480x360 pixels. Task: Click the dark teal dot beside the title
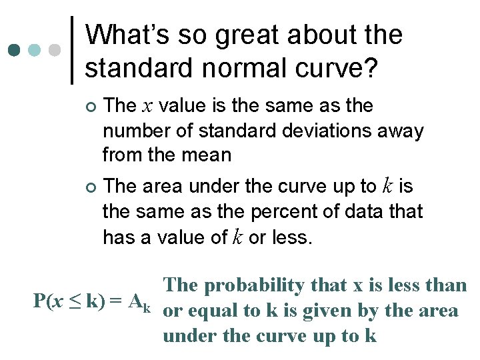tap(13, 51)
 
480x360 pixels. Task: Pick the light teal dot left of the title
tap(35, 51)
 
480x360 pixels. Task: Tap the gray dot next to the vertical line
tap(55, 51)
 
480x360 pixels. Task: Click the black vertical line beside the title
tap(71, 51)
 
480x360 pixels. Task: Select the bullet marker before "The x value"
tap(91, 107)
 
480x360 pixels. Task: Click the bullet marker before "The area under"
tap(91, 187)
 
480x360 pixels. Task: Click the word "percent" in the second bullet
tap(276, 211)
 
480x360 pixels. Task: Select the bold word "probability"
tap(253, 285)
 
